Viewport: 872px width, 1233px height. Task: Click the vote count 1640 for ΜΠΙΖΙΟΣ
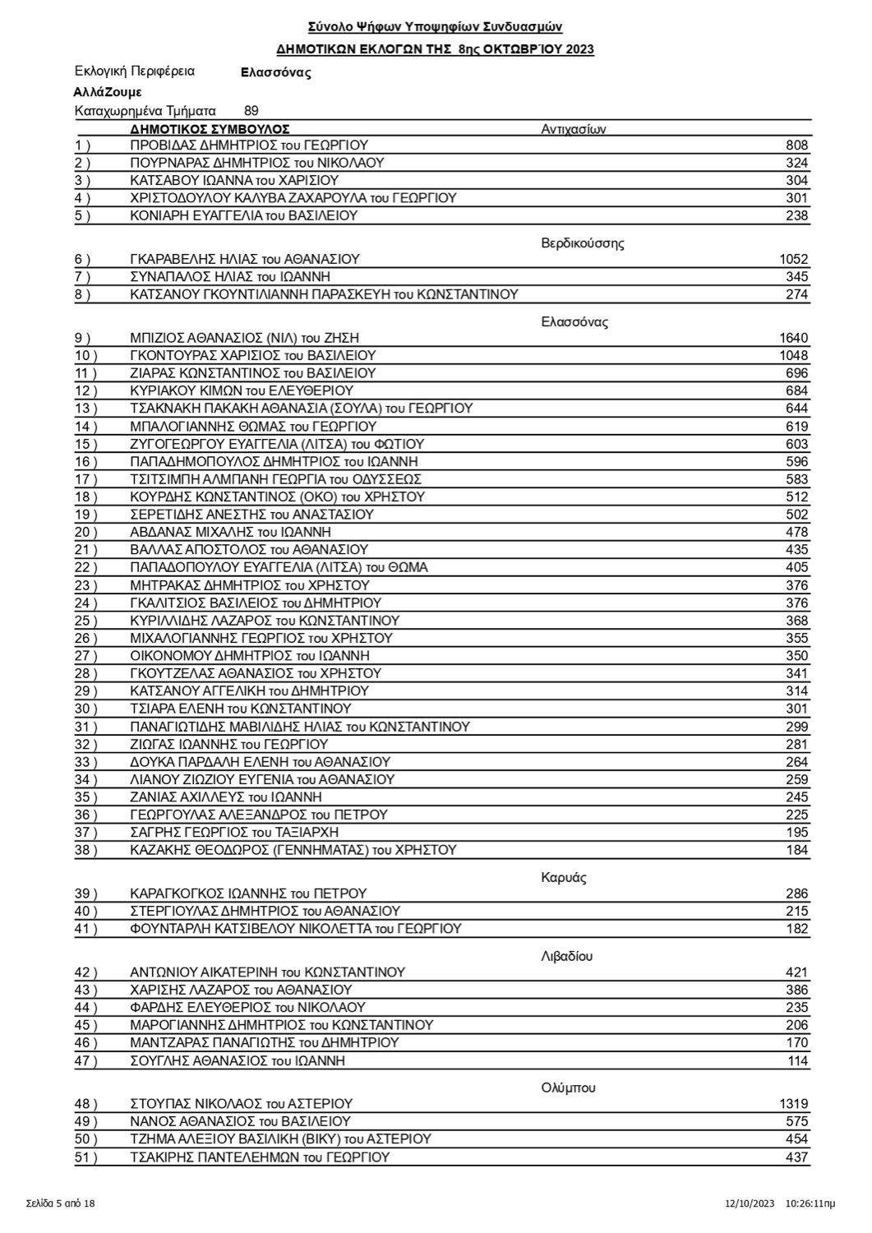coord(793,338)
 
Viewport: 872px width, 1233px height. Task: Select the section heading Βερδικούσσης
coord(583,243)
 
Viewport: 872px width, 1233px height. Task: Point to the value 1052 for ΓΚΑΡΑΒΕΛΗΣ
coord(793,259)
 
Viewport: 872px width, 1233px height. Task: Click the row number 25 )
coord(85,621)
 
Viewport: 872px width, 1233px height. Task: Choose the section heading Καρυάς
coord(564,877)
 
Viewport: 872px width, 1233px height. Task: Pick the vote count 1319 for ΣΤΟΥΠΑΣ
coord(793,1104)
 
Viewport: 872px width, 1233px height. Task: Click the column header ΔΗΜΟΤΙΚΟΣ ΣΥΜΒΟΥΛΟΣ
coord(210,129)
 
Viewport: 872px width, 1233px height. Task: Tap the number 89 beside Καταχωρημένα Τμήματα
coord(251,110)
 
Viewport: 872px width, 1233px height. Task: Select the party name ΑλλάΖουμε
coord(107,92)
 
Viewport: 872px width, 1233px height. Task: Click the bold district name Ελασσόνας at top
coord(275,72)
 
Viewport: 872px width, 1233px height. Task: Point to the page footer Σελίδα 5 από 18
coord(61,1203)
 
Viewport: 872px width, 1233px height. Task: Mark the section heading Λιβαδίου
coord(567,956)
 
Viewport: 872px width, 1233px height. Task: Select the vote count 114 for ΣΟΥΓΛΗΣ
coord(797,1061)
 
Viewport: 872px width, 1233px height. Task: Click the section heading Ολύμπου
coord(568,1088)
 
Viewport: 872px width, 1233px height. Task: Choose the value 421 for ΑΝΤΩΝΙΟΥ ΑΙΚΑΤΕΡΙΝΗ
coord(797,972)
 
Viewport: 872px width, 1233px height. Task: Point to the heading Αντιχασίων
coord(574,129)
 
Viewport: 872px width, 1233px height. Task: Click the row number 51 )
coord(85,1157)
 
